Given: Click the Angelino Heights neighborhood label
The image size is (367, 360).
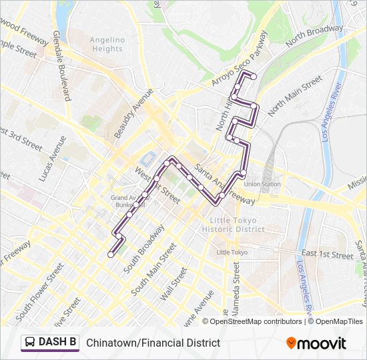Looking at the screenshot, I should point(107,44).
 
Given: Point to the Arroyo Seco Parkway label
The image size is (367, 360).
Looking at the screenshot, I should point(238,59).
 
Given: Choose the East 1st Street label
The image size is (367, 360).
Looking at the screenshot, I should point(327,255).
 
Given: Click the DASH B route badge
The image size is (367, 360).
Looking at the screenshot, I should point(50,343).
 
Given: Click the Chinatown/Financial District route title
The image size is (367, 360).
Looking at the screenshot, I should point(153,343).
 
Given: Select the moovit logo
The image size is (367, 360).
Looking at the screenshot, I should point(316,343).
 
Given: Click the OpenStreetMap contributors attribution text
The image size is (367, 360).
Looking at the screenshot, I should point(256,321).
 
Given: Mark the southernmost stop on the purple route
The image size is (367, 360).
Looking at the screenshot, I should point(111,254).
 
